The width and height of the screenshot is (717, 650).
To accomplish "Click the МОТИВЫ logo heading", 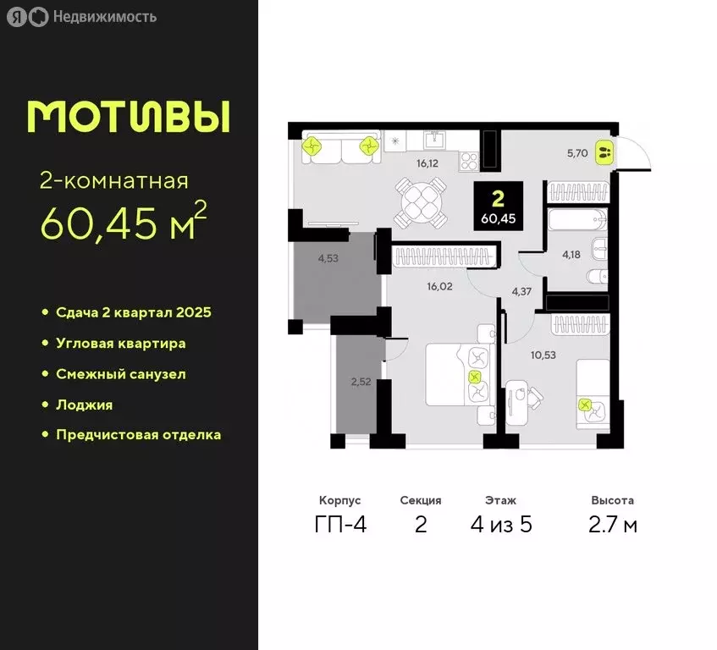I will click(128, 117).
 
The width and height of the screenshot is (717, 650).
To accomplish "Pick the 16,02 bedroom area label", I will click(439, 286).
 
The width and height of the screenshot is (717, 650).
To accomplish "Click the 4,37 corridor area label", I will click(522, 293).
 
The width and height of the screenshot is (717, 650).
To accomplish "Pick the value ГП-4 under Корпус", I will click(339, 525).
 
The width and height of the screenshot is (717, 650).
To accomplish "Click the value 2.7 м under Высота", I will click(614, 525).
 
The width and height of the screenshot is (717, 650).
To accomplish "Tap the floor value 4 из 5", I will click(501, 525).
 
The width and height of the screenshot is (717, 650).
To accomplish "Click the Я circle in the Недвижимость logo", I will click(15, 17).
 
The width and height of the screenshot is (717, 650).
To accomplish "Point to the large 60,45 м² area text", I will click(124, 223).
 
